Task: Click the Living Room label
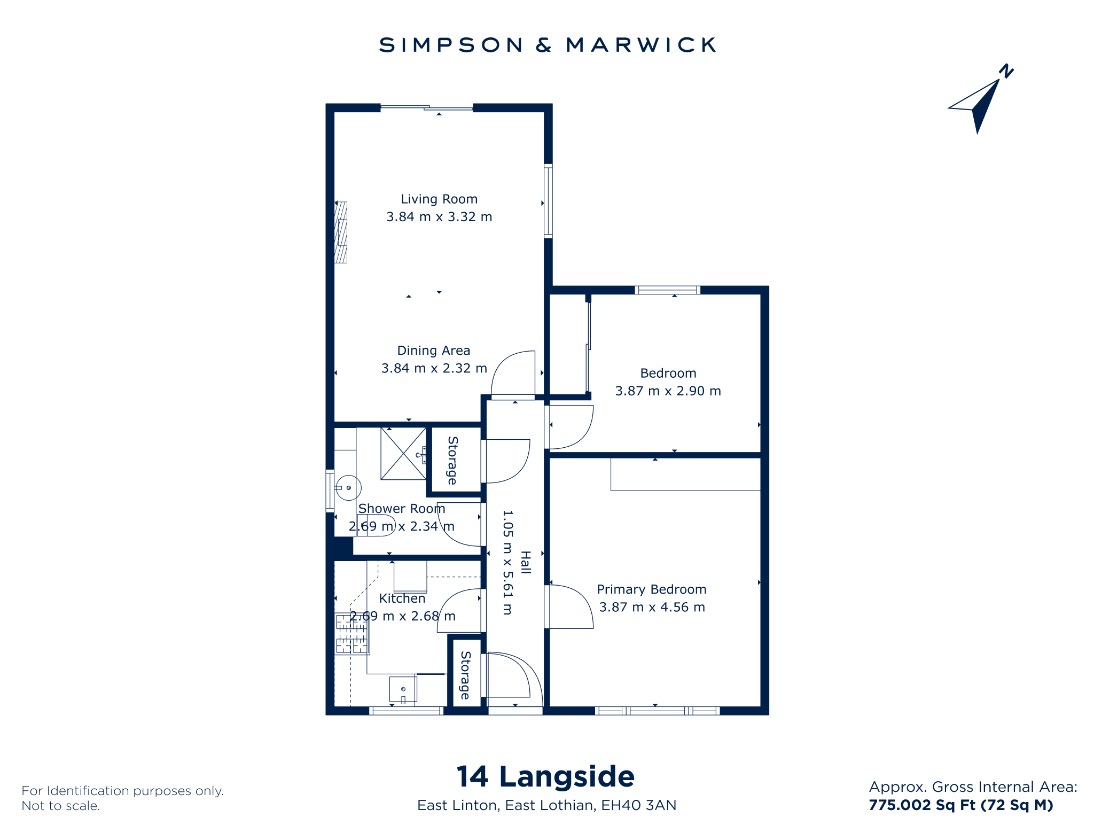pos(439,199)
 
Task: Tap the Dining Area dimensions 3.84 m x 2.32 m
pos(434,368)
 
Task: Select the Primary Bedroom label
pos(652,589)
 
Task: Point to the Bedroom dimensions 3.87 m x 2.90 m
pos(668,391)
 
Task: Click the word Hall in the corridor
pos(526,563)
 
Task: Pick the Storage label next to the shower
pos(452,461)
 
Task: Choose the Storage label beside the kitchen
pos(465,675)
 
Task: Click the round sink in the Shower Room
pos(348,488)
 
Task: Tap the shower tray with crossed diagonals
pos(403,454)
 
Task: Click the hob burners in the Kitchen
pos(351,634)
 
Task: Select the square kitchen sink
pos(403,690)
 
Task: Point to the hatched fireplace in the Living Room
pos(341,232)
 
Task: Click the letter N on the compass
pos(1006,72)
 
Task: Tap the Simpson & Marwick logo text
pos(548,45)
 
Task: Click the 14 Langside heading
pos(546,776)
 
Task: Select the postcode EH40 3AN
pos(639,805)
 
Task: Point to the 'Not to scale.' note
pos(61,806)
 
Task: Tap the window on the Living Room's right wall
pos(548,201)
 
